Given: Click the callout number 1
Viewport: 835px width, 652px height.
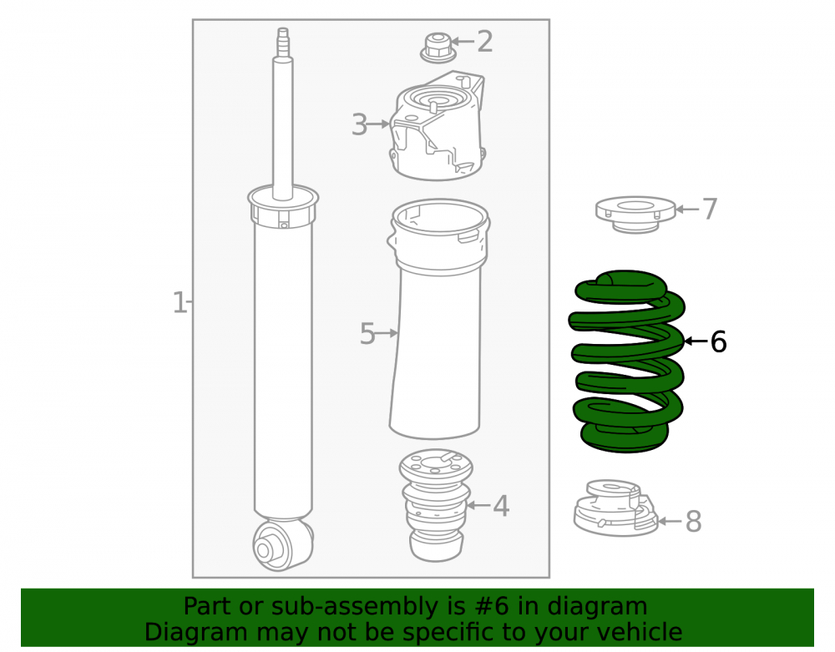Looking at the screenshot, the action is coord(180,302).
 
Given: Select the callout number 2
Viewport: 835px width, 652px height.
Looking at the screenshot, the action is coord(484,42).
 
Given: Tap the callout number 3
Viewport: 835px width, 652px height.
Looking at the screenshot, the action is coord(359,125).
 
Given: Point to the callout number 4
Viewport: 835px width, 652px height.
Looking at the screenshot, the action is coord(500,506).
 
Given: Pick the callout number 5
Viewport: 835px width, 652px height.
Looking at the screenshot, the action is coord(367,334).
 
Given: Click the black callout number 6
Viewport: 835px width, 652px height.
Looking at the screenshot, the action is coord(718,341).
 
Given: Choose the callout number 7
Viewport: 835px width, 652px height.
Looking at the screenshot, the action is coord(710,209).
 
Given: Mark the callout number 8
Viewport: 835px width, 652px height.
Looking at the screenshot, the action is coord(693,521).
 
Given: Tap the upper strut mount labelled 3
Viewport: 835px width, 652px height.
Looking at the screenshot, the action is coord(438,125).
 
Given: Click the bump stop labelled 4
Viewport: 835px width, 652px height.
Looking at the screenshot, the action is coord(436,505).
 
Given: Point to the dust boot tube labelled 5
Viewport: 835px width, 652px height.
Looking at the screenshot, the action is coord(438,320).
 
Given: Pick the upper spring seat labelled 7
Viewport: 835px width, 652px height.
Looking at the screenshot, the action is coord(635,214).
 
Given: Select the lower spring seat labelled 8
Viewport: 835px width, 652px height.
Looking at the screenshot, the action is coord(616,508).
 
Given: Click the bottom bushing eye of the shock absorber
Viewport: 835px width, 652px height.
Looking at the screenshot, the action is coord(281,544).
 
